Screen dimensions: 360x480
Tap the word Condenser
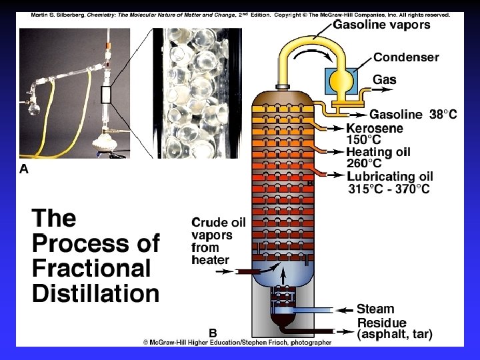[406, 57]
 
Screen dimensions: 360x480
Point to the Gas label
[384, 80]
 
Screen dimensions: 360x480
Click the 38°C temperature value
[443, 115]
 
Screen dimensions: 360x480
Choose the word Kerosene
[375, 127]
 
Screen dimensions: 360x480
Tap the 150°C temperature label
[364, 140]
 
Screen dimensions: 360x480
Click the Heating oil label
[379, 152]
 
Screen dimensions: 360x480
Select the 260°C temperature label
[364, 164]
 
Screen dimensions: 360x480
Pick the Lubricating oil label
[390, 177]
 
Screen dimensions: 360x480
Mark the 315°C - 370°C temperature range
[389, 189]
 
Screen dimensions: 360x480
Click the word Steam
[375, 309]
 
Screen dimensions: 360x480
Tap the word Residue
[381, 323]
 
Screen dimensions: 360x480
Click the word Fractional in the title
[92, 269]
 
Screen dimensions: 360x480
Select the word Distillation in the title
[96, 294]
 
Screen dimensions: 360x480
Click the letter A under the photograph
[24, 169]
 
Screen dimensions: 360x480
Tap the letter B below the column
[213, 332]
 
